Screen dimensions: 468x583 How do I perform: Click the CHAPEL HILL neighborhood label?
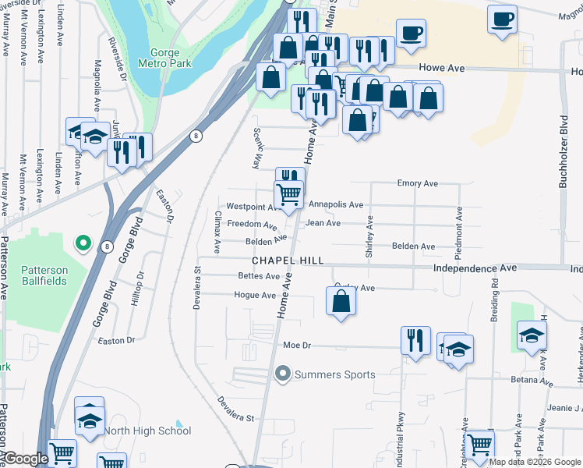(287, 261)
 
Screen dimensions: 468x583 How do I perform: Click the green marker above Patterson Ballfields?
(83, 243)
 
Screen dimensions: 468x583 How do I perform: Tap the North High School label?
(147, 431)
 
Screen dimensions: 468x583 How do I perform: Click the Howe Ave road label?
(441, 69)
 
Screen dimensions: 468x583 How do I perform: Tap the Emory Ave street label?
(417, 184)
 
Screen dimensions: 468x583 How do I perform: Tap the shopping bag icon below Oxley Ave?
(341, 300)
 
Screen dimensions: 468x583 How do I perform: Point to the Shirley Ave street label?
(369, 236)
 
